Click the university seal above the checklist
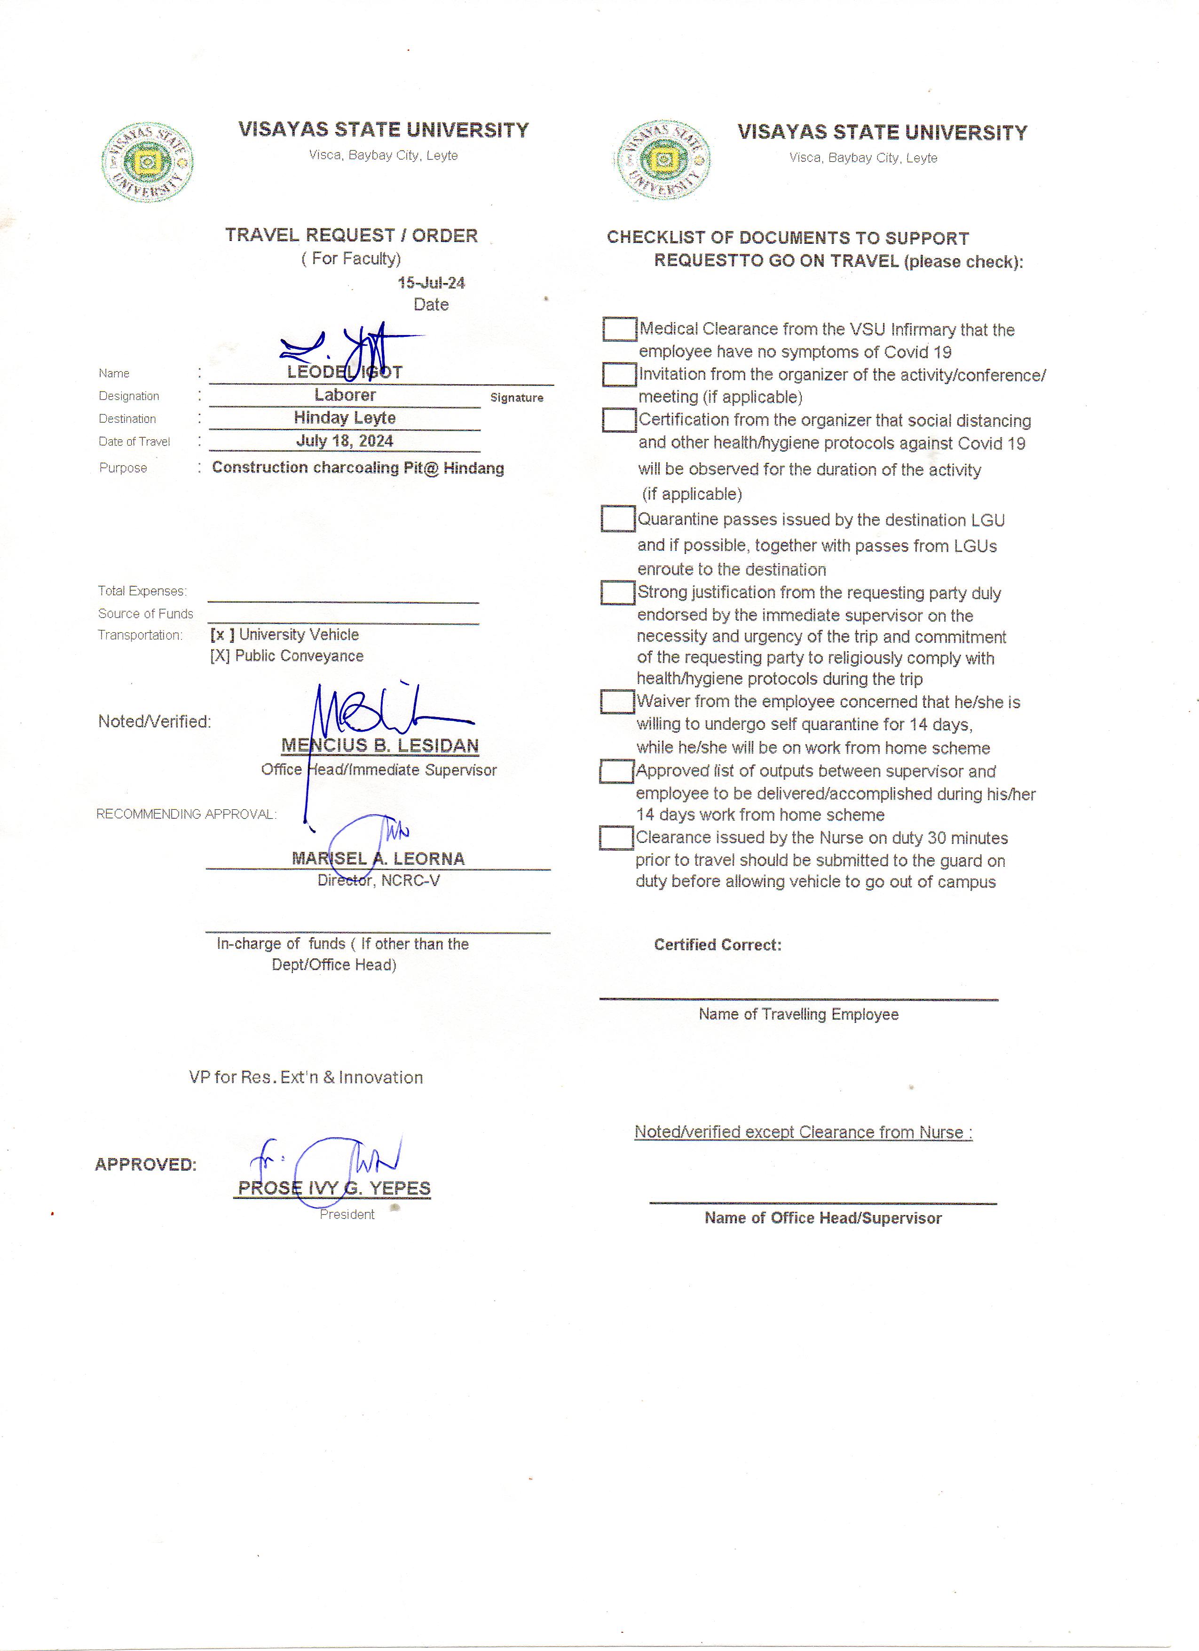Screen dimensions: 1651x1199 click(x=663, y=160)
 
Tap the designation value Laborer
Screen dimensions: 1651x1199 click(x=345, y=395)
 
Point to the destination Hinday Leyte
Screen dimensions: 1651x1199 click(x=345, y=418)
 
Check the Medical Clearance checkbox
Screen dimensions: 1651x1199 click(x=620, y=329)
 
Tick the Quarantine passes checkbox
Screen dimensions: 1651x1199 click(x=618, y=519)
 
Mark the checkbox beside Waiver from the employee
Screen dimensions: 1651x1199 click(x=617, y=702)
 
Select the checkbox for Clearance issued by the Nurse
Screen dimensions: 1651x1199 click(x=616, y=838)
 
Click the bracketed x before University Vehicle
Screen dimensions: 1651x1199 click(x=222, y=635)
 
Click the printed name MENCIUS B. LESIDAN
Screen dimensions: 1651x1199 click(x=380, y=745)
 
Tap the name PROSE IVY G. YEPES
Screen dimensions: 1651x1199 click(x=334, y=1188)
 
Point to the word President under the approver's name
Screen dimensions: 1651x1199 click(x=347, y=1214)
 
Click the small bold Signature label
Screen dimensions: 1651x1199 click(x=517, y=398)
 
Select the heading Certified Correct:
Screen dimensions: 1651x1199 click(x=718, y=945)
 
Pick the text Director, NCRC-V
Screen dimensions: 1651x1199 click(x=379, y=880)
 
